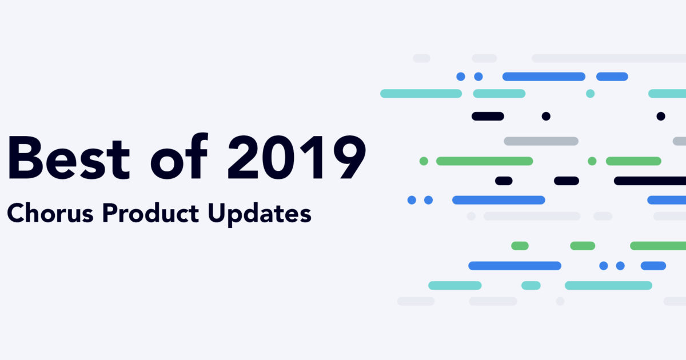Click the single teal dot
click(590, 93)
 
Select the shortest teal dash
click(531, 285)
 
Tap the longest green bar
click(484, 161)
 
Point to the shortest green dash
click(520, 246)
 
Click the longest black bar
click(650, 181)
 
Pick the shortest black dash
click(504, 181)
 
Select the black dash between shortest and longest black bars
click(566, 181)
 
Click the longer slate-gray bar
click(541, 141)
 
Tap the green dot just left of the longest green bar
click(424, 161)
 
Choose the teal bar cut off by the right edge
click(667, 93)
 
